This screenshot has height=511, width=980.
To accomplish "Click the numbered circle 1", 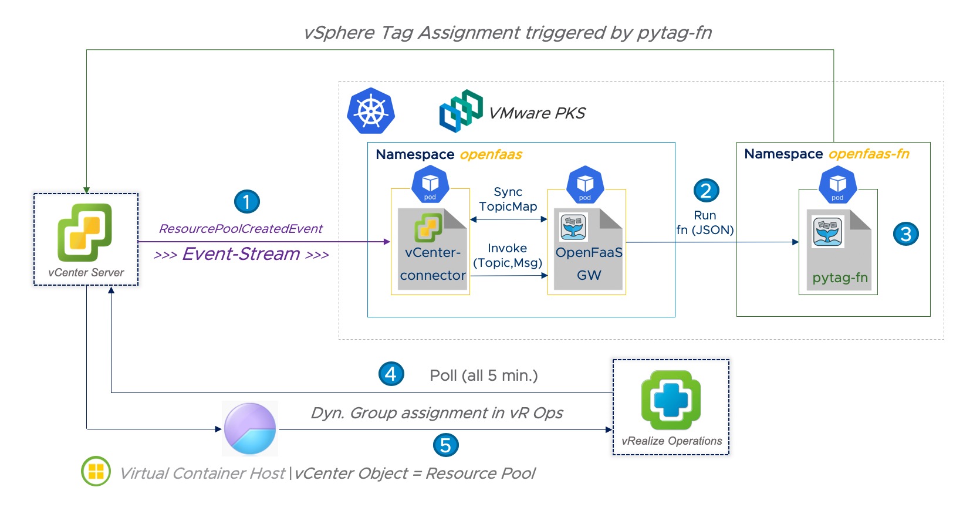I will [246, 202].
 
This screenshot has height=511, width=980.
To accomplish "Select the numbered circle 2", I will [706, 190].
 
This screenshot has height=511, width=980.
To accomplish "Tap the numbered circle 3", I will [905, 233].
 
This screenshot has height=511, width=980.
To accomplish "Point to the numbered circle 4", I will [391, 374].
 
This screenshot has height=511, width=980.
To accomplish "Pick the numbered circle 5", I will [445, 445].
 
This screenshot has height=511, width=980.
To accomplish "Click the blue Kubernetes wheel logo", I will [371, 111].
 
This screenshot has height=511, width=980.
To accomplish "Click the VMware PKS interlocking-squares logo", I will [461, 111].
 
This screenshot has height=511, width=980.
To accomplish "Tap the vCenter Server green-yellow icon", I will [85, 232].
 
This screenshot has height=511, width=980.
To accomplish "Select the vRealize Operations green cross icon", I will [671, 400].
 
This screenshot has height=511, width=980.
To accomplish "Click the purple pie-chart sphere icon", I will [250, 429].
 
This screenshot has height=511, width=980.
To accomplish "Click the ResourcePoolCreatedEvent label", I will [241, 229].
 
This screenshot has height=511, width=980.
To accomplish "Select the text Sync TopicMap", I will [508, 199].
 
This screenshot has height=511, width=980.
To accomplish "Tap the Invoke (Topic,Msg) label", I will [508, 255].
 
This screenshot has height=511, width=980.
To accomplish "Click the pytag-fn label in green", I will [840, 278].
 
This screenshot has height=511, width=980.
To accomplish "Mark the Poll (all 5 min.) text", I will [484, 375].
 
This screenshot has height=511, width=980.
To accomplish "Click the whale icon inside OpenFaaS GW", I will [573, 228].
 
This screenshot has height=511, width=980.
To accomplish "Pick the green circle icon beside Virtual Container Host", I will [96, 471].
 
